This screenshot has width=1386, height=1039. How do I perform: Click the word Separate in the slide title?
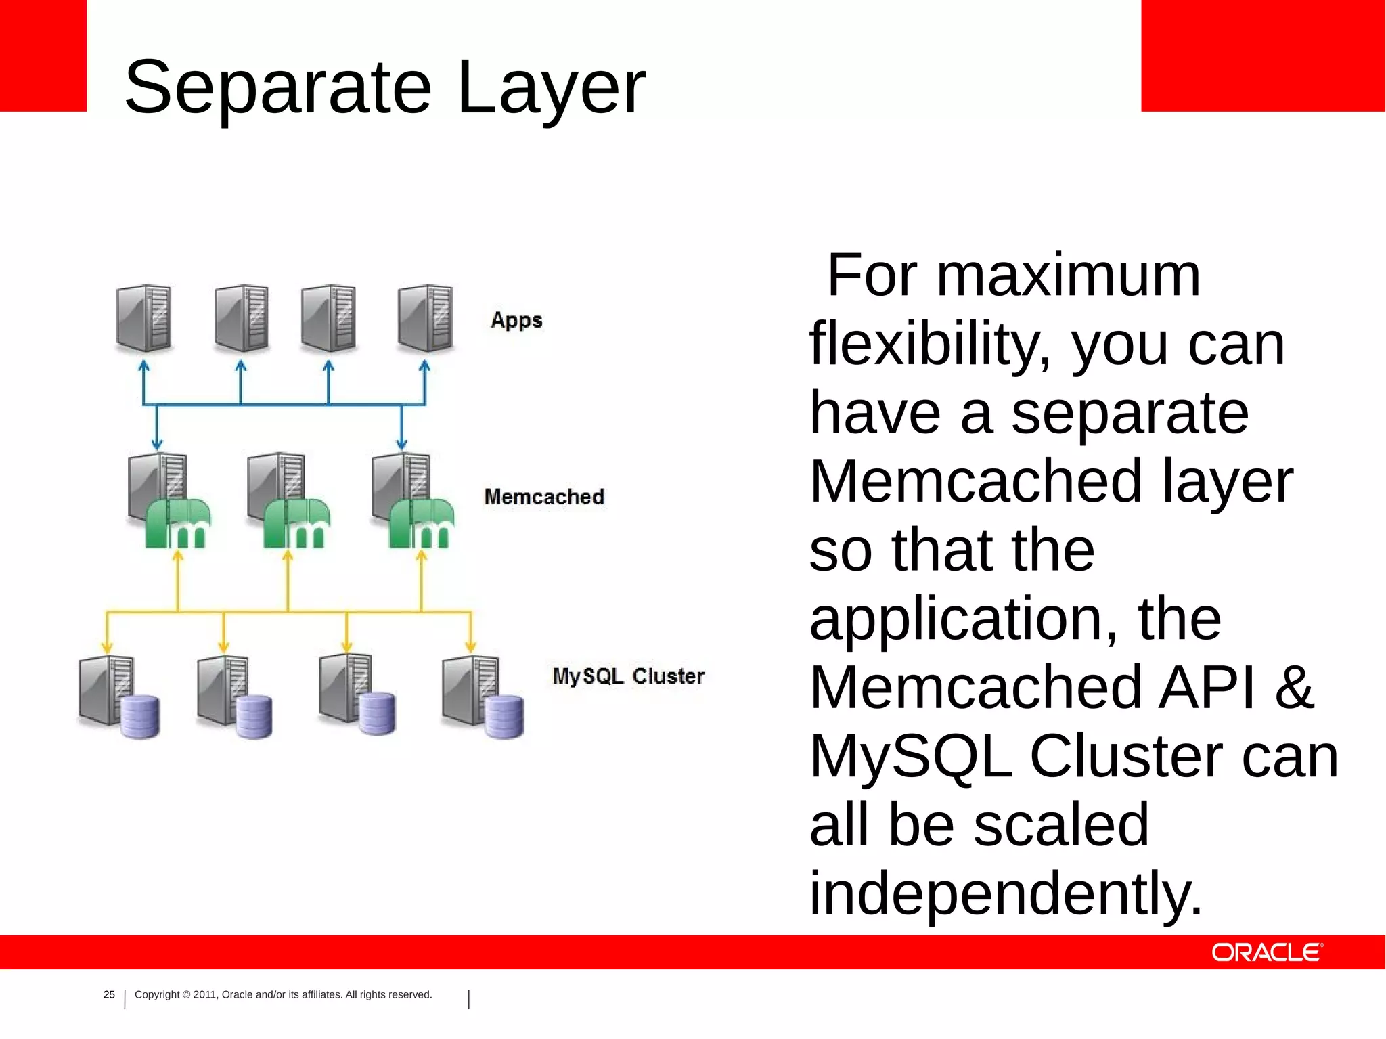277,88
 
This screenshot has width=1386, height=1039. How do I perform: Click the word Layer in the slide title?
552,88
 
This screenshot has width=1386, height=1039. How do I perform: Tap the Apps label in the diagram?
516,320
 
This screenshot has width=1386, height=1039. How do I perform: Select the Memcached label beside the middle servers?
544,497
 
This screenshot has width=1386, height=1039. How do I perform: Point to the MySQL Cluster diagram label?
628,676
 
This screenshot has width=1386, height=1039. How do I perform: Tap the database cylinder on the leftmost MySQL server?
140,717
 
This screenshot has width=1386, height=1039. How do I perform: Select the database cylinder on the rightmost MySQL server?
504,717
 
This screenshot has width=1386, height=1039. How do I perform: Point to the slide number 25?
109,994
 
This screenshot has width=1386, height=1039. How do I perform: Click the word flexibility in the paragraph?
931,345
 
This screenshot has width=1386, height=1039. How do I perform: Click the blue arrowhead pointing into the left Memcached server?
157,445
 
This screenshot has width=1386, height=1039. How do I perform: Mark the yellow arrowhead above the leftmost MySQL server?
107,647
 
